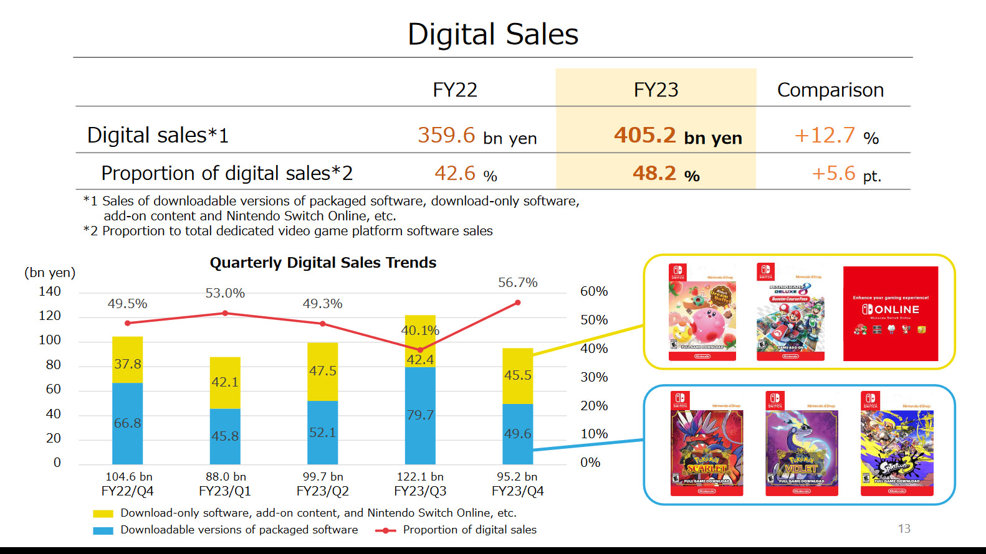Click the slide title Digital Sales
(492, 34)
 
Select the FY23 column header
(656, 90)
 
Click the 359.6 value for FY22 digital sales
(446, 135)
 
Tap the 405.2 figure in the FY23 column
(645, 135)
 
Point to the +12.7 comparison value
(825, 135)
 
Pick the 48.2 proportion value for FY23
(654, 173)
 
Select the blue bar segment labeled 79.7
(420, 415)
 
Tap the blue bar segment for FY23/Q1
(225, 436)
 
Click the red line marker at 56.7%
(518, 303)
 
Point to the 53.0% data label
(225, 293)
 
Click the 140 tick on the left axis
(50, 291)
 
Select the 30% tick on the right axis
(593, 377)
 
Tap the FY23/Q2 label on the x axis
(322, 491)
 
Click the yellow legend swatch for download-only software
(103, 514)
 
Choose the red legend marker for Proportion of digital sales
(386, 530)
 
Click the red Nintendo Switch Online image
(890, 314)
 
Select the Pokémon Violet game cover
(802, 443)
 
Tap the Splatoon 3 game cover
(897, 443)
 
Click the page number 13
(904, 528)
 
